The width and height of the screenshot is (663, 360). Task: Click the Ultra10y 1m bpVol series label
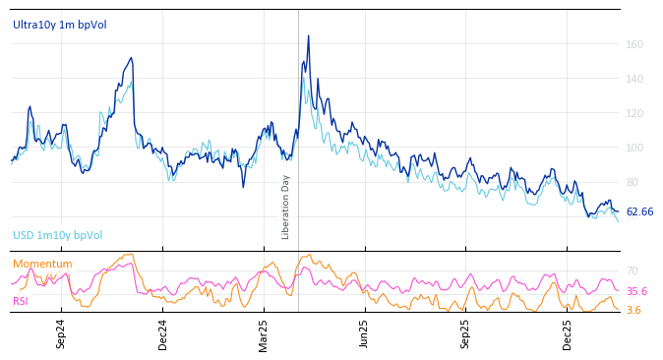point(60,25)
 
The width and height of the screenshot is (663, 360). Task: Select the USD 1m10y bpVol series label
point(57,236)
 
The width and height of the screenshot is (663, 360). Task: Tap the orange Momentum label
point(42,265)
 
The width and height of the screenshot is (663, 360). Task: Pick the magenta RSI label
point(21,301)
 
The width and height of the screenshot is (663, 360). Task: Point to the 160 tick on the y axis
point(634,44)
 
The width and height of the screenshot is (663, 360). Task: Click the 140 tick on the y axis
point(634,79)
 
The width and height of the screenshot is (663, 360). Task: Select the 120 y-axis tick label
point(634,113)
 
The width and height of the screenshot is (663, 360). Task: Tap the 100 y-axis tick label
point(634,148)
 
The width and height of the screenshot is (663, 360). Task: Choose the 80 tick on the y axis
point(633,182)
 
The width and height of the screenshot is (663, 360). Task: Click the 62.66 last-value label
point(639,212)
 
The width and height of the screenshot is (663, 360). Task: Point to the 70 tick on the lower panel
point(633,270)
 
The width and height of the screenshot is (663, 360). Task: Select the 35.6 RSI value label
point(636,292)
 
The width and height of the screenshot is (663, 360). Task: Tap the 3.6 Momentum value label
point(633,311)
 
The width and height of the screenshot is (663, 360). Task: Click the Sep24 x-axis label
point(61,334)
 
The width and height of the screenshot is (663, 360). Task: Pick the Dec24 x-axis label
point(162,334)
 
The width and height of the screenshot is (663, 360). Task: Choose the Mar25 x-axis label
point(264,334)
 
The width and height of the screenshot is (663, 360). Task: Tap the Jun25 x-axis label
point(365,334)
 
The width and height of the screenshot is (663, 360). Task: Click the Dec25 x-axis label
point(568,334)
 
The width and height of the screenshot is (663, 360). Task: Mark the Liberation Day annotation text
point(286,208)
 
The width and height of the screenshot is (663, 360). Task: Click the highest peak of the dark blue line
point(308,36)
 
